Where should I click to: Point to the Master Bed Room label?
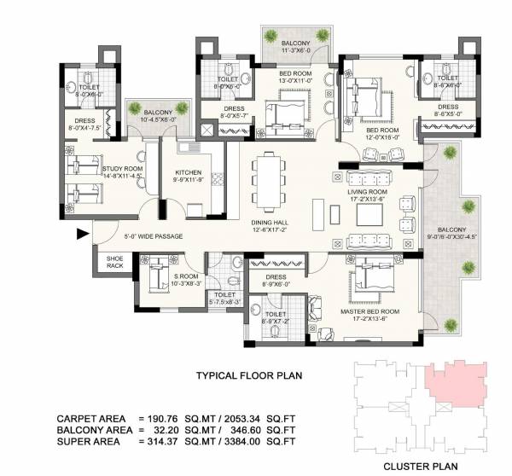(369, 312)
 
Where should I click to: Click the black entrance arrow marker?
(83, 233)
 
